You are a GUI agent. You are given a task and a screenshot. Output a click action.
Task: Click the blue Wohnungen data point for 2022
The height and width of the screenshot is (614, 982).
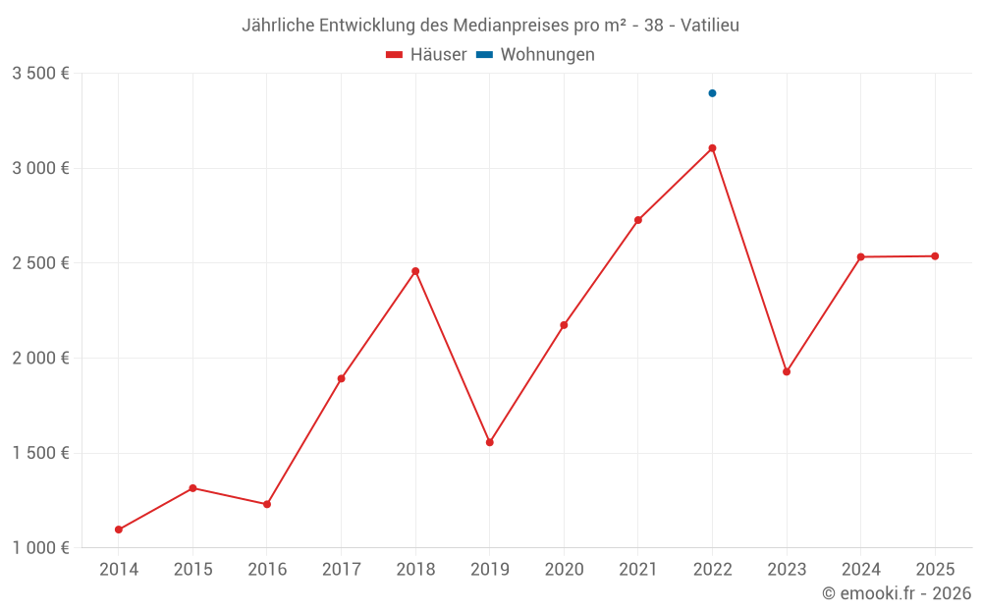[x=712, y=93]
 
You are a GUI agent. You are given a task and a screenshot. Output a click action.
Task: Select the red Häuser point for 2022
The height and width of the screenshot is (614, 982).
[x=712, y=148]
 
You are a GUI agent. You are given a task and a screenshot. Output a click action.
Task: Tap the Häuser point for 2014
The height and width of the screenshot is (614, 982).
[x=119, y=530]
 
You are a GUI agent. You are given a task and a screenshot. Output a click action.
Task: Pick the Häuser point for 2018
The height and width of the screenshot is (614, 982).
[x=415, y=271]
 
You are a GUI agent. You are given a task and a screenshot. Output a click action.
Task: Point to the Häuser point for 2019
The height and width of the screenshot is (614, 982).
[x=489, y=442]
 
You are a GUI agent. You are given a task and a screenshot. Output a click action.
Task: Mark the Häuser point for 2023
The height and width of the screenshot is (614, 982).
[x=787, y=371]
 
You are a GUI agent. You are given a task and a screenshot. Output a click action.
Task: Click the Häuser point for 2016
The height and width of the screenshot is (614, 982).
[x=267, y=504]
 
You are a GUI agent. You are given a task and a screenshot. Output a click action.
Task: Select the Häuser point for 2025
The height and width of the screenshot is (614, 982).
[x=935, y=256]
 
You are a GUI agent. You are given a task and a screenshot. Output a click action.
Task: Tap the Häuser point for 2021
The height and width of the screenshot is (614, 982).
[x=638, y=220]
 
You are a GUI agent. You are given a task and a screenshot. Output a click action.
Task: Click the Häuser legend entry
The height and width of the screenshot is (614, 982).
[x=427, y=55]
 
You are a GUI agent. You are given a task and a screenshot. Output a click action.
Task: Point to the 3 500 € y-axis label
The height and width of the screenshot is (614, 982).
[x=40, y=74]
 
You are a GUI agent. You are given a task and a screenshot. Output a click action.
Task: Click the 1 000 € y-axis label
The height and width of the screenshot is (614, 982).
[x=40, y=548]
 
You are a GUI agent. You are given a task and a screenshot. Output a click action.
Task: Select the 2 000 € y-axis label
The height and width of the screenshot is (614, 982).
[x=40, y=359]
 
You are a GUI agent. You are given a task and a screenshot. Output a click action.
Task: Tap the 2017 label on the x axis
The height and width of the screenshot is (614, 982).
[x=341, y=569]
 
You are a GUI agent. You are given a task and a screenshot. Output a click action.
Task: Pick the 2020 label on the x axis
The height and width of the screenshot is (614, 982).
[x=564, y=569]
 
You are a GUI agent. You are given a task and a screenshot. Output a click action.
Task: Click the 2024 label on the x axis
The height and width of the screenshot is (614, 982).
[x=861, y=569]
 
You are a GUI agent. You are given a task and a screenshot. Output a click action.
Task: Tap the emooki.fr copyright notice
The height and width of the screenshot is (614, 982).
[x=897, y=593]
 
